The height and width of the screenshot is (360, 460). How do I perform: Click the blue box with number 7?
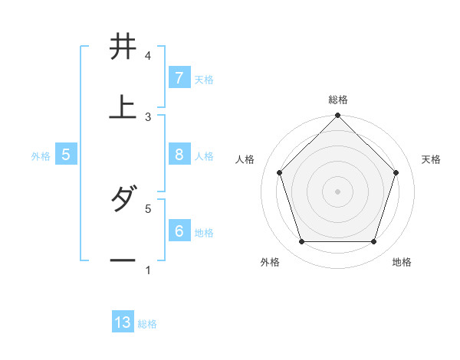[179, 77]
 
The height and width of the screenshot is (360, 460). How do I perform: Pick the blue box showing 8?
[179, 154]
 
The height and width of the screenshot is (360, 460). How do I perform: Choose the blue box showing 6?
[179, 230]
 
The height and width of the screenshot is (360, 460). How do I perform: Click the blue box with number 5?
[66, 154]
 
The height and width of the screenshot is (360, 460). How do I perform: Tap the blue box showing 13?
[123, 322]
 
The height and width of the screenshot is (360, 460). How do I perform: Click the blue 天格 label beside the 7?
[204, 79]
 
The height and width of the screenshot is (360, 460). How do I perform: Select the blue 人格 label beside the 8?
[204, 155]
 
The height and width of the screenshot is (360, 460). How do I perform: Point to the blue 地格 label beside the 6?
[204, 232]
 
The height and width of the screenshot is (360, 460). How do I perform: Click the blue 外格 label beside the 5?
[41, 155]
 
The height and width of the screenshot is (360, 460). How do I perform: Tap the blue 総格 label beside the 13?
[147, 324]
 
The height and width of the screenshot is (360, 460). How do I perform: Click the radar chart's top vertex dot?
[337, 116]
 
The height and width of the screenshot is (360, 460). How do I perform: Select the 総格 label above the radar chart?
[337, 100]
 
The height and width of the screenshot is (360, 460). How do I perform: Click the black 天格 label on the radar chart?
[431, 159]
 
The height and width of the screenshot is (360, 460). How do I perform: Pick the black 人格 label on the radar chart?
[245, 159]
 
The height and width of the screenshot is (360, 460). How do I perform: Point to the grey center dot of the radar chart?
[337, 191]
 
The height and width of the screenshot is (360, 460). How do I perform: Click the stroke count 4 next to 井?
[148, 56]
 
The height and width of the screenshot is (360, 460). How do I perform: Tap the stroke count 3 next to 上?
[148, 116]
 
